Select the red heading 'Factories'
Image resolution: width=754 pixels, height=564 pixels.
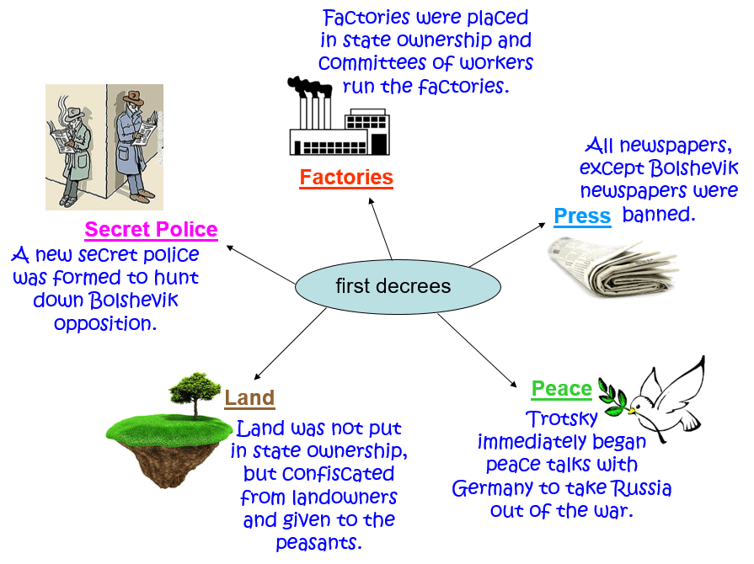(346, 178)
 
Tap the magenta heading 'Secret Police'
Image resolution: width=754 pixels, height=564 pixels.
(152, 229)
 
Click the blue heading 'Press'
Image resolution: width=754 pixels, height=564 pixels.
(582, 216)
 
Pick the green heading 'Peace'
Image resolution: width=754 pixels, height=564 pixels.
(561, 389)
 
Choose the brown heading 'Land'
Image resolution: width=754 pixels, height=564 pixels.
(249, 398)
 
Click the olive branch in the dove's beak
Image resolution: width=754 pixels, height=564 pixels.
(613, 395)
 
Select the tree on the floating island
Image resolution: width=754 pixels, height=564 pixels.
(196, 393)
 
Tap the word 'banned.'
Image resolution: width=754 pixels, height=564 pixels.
(659, 215)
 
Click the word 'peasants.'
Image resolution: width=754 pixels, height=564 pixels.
(319, 542)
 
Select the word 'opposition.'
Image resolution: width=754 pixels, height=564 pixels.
(105, 323)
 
